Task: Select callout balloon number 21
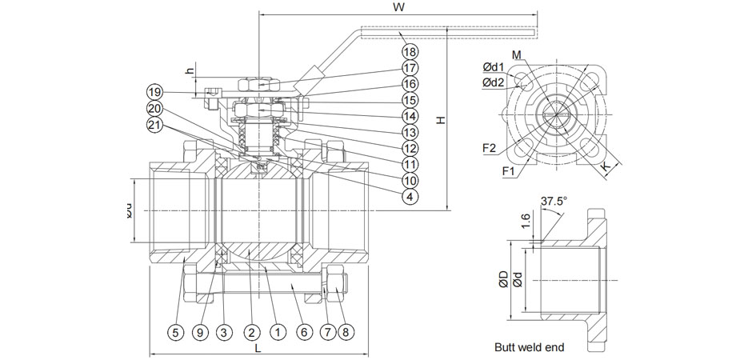(154, 124)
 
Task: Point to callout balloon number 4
(410, 196)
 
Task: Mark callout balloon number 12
(410, 147)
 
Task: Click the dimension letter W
(398, 7)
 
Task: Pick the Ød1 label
(493, 67)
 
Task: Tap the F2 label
(490, 148)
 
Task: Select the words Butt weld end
(530, 347)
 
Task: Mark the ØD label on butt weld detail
(503, 279)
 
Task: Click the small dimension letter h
(190, 70)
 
